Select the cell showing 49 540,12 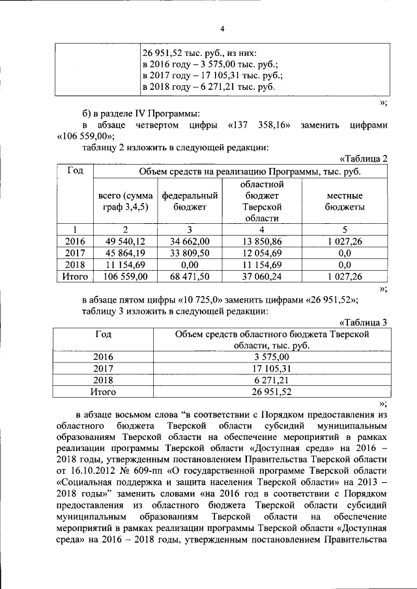(x=126, y=241)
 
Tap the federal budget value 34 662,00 (x=189, y=241)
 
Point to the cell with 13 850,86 (x=261, y=241)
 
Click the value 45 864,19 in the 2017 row (x=126, y=253)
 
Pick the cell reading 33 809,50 (x=189, y=253)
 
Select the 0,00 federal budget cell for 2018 (x=189, y=264)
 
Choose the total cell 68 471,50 (x=189, y=276)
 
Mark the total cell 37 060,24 (x=261, y=276)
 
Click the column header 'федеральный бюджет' (x=189, y=201)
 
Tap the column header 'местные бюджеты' (x=345, y=201)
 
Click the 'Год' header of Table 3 (x=103, y=334)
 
